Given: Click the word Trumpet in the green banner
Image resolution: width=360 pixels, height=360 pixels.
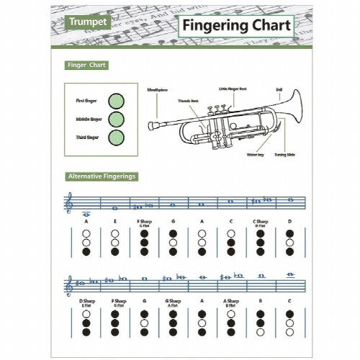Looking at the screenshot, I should [89, 22].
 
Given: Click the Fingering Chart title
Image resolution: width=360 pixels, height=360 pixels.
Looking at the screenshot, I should [235, 26].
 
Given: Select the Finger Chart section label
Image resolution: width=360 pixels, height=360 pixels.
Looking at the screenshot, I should [87, 65].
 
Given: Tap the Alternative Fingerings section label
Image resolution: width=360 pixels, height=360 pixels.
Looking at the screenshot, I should [102, 176].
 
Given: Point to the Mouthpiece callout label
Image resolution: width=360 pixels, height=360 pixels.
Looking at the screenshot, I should [158, 89].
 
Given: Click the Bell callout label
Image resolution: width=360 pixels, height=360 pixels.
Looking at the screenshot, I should [279, 89].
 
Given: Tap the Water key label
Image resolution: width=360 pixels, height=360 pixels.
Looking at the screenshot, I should [255, 155].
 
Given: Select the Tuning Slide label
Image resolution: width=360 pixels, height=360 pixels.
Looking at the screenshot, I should [283, 155].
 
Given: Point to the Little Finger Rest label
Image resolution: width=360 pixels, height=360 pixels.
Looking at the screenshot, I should [233, 89].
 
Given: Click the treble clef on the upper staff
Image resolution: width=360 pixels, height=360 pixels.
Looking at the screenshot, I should [69, 204].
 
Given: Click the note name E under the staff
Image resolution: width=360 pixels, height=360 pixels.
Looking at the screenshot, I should [115, 221].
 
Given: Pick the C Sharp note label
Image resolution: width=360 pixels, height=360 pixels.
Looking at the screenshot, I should [260, 221].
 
